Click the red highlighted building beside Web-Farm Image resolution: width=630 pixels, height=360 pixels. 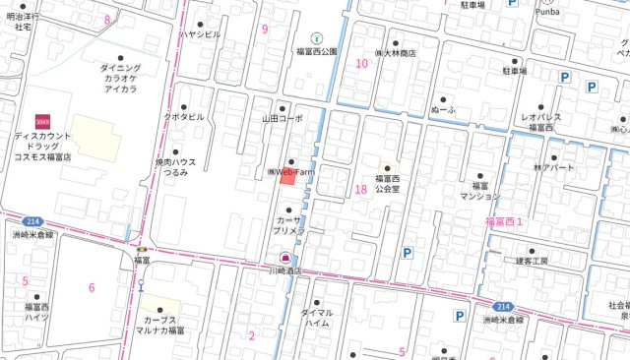pos(288,176)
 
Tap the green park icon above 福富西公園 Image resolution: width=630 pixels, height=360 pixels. pos(316,37)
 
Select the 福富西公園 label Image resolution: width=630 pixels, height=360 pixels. pos(317,51)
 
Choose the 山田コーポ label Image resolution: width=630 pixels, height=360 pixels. pos(283,118)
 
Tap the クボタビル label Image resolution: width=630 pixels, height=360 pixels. pos(184,116)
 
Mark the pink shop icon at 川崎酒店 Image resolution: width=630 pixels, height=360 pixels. pos(285,257)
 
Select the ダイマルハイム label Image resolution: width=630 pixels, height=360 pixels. pos(316,317)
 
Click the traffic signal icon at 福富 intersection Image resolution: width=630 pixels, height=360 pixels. pos(142,250)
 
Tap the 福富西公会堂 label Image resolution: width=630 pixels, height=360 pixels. pos(387,183)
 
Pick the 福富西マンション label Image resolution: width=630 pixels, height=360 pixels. pos(480,190)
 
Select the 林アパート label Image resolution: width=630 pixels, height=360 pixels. pos(553,168)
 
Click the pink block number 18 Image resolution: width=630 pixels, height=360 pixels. pos(360,190)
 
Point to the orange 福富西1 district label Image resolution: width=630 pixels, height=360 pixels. pos(504,223)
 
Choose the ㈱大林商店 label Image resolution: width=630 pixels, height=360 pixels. pos(395,53)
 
